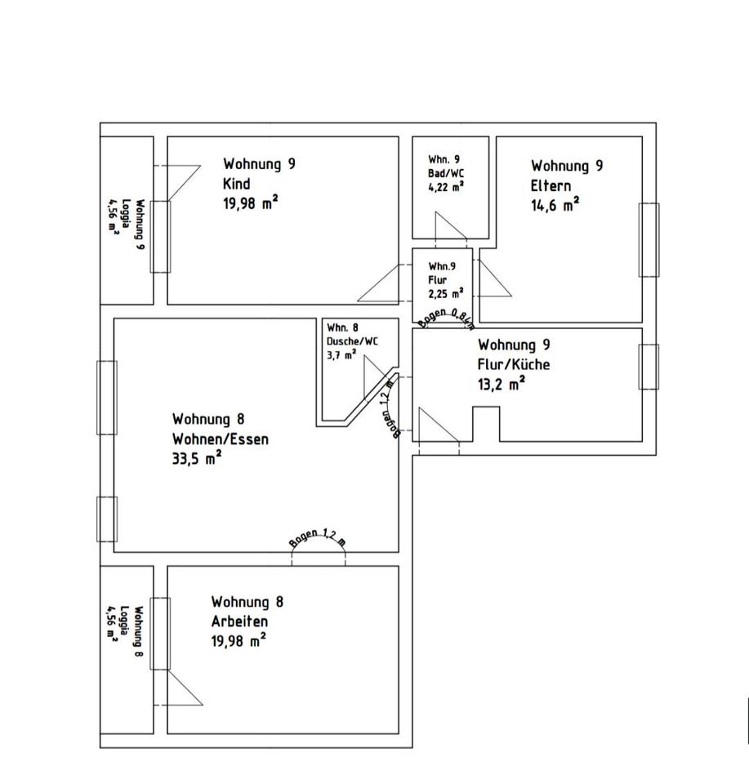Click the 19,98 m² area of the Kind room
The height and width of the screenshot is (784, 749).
tap(250, 203)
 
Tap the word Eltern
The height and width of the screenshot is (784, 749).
tap(551, 185)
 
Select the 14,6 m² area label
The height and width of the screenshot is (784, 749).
tap(555, 204)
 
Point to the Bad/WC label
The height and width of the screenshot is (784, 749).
tap(446, 173)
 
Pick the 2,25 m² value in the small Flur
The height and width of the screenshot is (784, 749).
tap(446, 292)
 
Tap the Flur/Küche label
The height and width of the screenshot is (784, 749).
tap(514, 364)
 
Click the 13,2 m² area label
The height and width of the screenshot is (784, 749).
tap(502, 384)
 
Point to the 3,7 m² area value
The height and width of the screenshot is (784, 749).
tap(341, 354)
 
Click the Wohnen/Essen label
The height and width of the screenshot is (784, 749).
tap(220, 439)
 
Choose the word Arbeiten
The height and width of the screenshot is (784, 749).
tap(240, 621)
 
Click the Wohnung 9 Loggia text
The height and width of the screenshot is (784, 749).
tap(127, 223)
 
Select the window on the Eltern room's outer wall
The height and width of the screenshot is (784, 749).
tap(648, 239)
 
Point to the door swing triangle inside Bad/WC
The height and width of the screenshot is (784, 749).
tap(450, 228)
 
